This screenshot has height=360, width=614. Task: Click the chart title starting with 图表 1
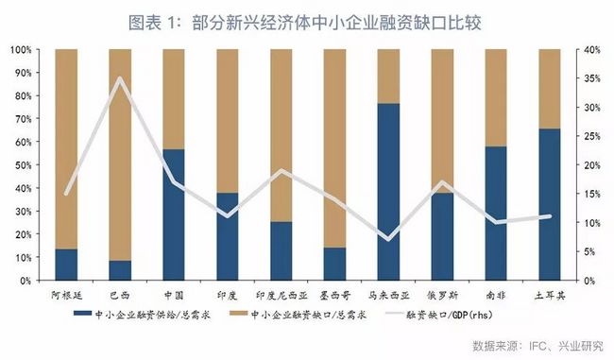click(x=307, y=20)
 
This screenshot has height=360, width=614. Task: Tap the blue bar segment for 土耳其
click(x=550, y=204)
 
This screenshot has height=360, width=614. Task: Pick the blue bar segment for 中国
click(x=174, y=214)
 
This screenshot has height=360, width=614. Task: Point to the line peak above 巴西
click(x=120, y=78)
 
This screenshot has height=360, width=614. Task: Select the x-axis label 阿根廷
click(x=66, y=294)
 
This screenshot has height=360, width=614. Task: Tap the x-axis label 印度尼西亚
click(x=281, y=294)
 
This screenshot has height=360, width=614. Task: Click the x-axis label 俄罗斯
click(x=442, y=294)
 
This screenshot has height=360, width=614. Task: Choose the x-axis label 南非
click(x=496, y=294)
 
